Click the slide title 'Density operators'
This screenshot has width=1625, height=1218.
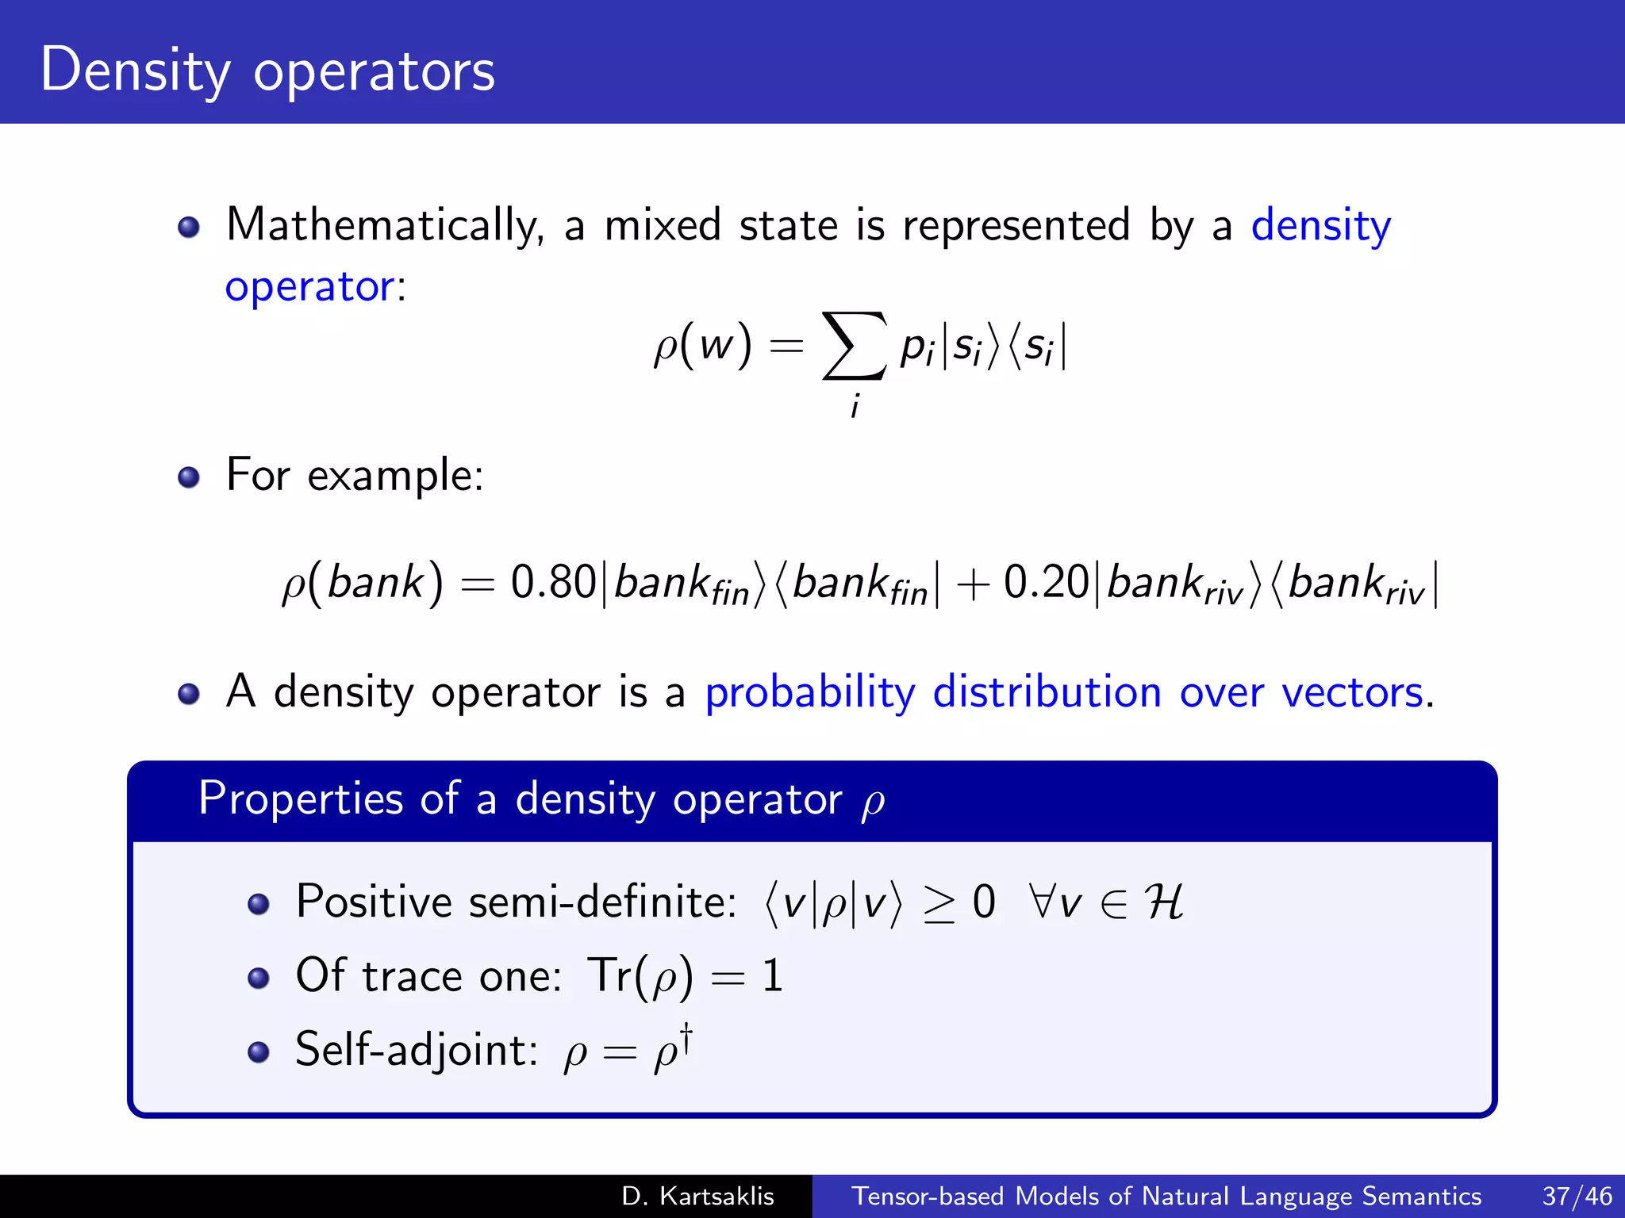267,71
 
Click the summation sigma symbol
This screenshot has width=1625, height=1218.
854,346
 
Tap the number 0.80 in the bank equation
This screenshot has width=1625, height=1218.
553,582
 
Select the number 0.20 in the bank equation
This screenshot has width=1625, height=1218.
1046,582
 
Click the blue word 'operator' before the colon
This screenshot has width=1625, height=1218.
309,286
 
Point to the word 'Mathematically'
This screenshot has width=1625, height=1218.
385,225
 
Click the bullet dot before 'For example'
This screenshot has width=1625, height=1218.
189,477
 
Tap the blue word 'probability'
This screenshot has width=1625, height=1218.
810,692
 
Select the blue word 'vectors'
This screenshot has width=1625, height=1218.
1352,692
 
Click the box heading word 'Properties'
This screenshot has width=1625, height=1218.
301,798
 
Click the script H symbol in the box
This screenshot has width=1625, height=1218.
1163,902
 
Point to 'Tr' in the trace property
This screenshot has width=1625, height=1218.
609,975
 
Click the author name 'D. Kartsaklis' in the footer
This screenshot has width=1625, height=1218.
697,1196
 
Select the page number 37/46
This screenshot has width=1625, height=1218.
1577,1196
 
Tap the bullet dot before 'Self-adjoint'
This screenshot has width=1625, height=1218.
259,1052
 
